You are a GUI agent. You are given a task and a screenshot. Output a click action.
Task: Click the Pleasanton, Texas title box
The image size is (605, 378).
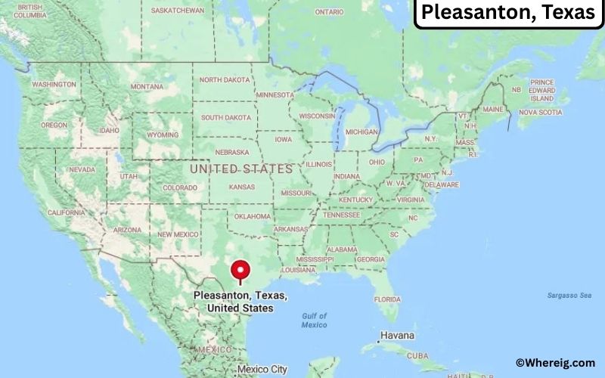point(508,13)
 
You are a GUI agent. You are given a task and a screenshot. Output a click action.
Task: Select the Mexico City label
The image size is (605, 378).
point(262,370)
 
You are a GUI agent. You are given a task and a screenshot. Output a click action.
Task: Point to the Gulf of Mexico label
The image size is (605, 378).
point(314,320)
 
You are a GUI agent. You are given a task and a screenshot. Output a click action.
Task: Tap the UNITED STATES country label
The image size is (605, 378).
point(240,169)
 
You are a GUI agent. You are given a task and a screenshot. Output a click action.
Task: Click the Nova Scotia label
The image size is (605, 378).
point(540,113)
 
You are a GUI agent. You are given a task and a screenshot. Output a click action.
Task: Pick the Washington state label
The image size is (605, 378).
point(54,84)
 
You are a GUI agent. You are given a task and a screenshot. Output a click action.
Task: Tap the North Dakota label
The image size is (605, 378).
point(225,79)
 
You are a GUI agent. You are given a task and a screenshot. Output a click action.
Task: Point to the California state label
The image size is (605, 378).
point(66,212)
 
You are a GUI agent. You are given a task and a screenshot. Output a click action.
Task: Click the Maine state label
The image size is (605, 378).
point(492,110)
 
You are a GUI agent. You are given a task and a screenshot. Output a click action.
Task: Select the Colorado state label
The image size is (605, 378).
point(179,187)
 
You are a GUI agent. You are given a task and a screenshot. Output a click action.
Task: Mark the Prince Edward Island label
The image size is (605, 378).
point(541,90)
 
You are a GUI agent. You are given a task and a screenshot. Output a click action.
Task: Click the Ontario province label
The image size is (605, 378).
point(329,12)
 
